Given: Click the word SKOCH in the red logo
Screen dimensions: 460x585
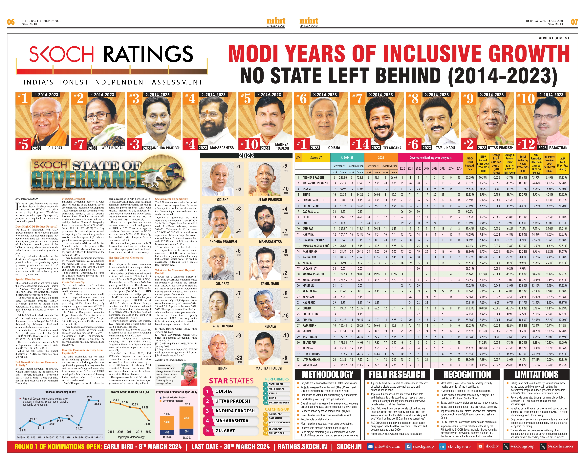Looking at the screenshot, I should point(61,54).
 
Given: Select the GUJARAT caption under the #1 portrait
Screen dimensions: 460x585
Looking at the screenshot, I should point(55,148).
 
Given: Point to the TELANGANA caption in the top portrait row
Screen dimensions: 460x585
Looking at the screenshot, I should point(392,148).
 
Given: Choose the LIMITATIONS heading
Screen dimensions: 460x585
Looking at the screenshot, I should point(536,374).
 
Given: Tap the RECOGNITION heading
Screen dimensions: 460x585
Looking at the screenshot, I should point(467,374).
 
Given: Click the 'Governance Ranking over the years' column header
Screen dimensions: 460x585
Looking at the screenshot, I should point(431,157).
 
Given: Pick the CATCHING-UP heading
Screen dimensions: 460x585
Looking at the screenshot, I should point(277,409).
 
